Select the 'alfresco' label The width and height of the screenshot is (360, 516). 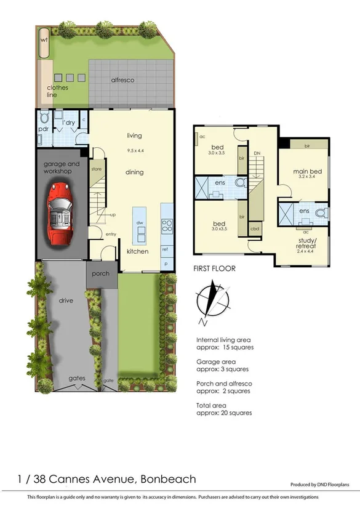tap(122, 81)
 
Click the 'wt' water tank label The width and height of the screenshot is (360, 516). tap(44, 40)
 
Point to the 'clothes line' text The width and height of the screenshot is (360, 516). tap(58, 91)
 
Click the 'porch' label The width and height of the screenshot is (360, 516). tap(101, 273)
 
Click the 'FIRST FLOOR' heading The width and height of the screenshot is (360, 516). tap(215, 268)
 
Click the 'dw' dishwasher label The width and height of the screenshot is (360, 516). tap(140, 222)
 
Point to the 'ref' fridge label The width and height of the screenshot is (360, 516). tap(165, 249)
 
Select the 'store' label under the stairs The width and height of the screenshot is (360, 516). tap(96, 168)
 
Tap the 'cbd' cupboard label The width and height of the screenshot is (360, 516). tap(254, 230)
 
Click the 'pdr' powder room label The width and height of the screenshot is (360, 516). tap(44, 129)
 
